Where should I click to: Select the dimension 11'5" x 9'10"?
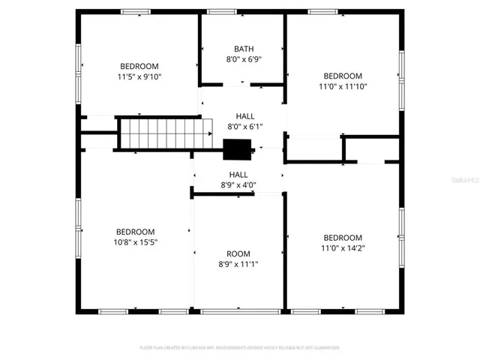point(139,76)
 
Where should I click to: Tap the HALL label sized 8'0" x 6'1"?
point(244,116)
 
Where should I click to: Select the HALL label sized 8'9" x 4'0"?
point(238,175)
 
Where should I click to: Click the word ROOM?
point(238,253)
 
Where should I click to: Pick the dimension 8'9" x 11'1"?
point(238,264)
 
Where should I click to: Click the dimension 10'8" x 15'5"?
point(135,242)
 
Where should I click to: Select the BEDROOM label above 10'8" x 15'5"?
point(135,232)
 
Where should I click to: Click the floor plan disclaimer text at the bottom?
point(240,348)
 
